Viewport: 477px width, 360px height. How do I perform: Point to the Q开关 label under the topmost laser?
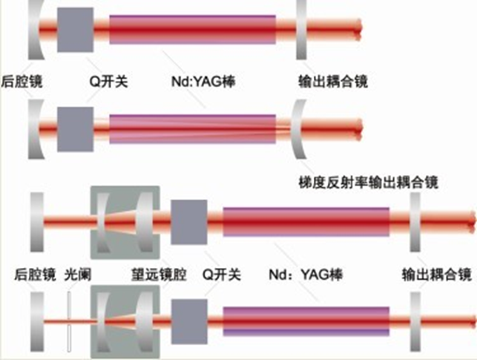point(108,79)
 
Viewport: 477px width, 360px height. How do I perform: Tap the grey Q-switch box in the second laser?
point(75,127)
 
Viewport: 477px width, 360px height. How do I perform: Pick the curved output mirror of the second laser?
point(297,128)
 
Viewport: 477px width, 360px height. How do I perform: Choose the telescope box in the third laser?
point(124,222)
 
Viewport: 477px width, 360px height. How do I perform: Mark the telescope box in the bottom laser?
point(124,323)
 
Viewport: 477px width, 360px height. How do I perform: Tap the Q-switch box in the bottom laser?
point(189,321)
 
